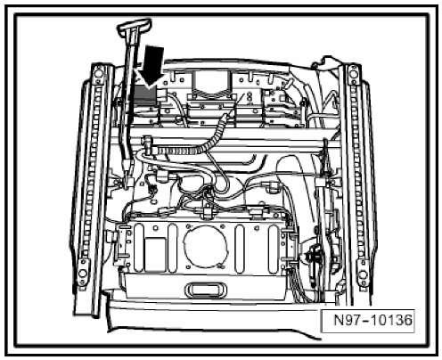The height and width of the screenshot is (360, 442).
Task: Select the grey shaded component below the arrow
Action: [x=145, y=94]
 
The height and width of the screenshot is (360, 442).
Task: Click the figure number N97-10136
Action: [x=373, y=320]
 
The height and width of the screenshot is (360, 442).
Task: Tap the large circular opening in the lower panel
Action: [x=206, y=247]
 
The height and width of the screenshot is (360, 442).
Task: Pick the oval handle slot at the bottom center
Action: [x=206, y=290]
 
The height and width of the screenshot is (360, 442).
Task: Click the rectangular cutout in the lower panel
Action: [x=155, y=254]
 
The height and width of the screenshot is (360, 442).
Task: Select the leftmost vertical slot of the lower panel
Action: [x=139, y=249]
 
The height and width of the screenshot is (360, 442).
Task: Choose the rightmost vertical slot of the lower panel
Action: [x=274, y=249]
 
